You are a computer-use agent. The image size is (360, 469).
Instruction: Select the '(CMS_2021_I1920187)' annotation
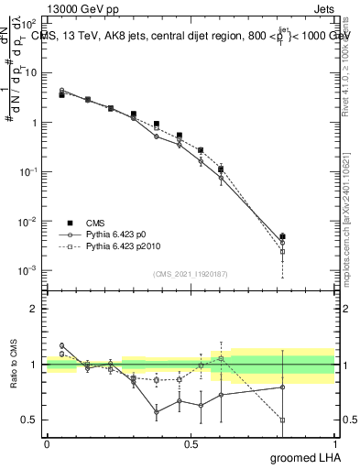coord(190,274)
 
